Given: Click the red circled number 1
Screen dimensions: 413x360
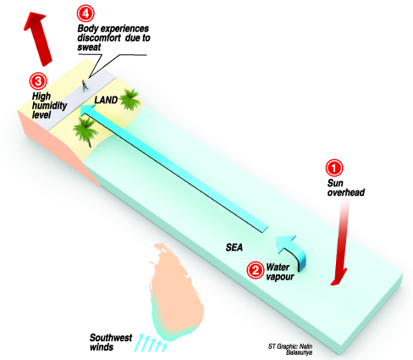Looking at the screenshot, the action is (x=334, y=168).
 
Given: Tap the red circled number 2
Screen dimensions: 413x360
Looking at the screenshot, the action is (x=256, y=270).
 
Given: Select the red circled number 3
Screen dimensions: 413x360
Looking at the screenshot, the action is (x=38, y=81).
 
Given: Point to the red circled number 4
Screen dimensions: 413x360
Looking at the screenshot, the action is (x=85, y=14).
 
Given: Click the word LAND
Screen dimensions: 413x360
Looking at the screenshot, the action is (x=106, y=100).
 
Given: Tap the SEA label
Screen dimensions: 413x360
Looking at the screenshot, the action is (x=234, y=247).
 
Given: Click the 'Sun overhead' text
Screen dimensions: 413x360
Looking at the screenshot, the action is (x=346, y=188).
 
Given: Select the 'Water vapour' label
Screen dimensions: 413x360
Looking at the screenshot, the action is (x=280, y=272).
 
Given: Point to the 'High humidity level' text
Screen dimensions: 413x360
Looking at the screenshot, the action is (x=49, y=105).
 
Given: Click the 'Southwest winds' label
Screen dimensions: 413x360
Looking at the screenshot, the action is (x=111, y=342).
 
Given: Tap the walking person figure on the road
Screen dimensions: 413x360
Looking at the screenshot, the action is (x=85, y=86).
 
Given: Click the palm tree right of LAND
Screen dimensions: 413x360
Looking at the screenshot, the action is (x=129, y=99).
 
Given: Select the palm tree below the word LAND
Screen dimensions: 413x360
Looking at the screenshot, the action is (x=85, y=131).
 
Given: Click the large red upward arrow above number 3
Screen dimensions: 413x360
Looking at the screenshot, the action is (x=38, y=38).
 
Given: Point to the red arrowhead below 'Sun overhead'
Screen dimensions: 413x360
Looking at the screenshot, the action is (x=339, y=277).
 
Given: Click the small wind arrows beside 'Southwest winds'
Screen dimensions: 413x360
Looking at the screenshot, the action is (x=151, y=342).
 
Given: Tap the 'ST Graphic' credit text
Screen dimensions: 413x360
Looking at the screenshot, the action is (x=290, y=349).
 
